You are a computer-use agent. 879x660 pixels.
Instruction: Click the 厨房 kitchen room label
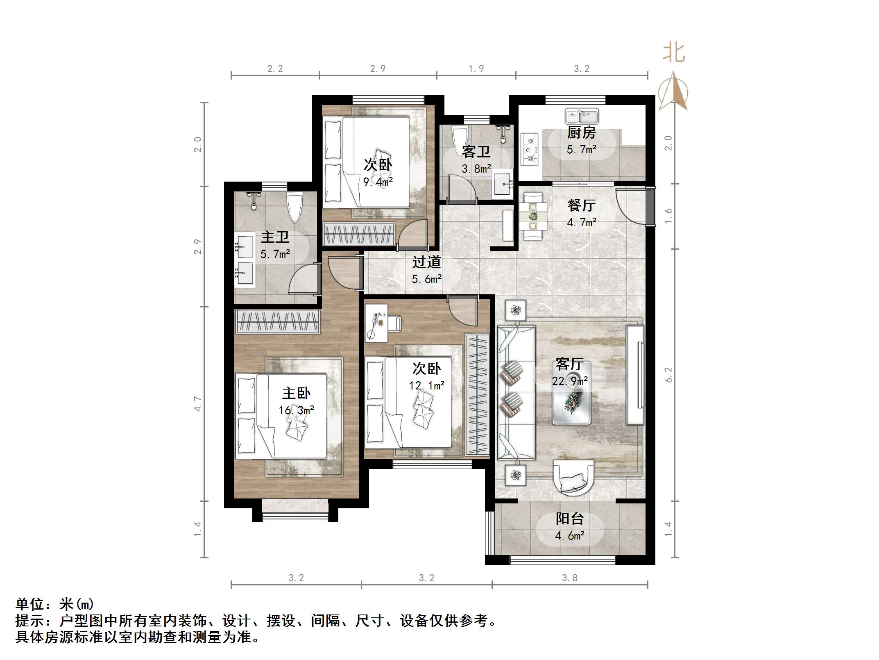coord(581,133)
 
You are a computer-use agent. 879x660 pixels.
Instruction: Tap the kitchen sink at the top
coord(582,116)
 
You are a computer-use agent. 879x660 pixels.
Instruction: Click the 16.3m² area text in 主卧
coord(296,410)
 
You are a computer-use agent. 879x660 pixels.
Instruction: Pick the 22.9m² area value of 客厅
coord(570,381)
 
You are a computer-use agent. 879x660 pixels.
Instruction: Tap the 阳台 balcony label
coord(569,519)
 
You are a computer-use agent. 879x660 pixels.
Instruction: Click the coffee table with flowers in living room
coord(571,402)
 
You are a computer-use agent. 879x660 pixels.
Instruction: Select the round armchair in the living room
coord(573,476)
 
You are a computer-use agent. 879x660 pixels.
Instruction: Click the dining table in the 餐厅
coord(533,216)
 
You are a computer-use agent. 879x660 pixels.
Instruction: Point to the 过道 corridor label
coord(426,262)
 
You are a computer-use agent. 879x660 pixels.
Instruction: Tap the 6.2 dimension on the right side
coord(668,375)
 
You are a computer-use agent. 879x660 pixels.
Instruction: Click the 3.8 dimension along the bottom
coord(569,578)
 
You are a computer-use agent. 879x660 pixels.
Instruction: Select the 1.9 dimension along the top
coord(476,69)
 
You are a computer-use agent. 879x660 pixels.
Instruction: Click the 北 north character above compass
coord(674,53)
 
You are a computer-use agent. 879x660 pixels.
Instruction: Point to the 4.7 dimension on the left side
coord(198,404)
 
